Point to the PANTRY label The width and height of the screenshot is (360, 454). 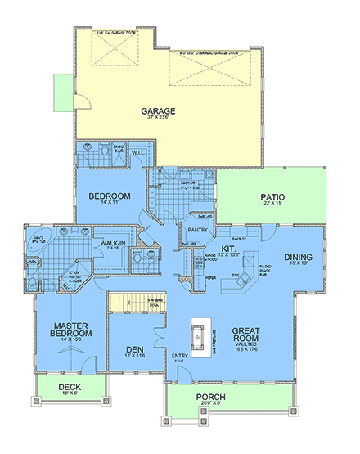[x=200, y=218]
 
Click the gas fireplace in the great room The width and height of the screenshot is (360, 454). [x=198, y=334]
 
